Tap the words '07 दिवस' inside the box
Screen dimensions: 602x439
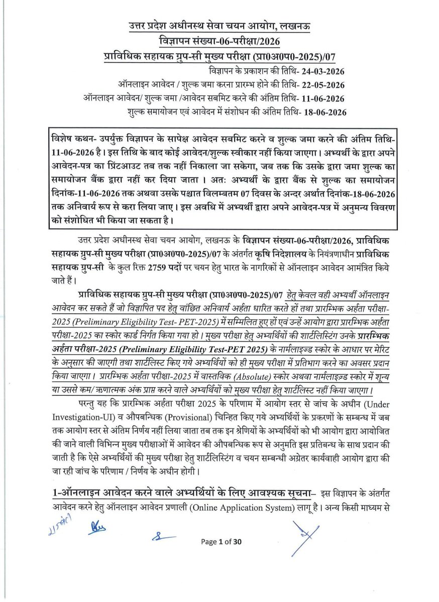point(257,193)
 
